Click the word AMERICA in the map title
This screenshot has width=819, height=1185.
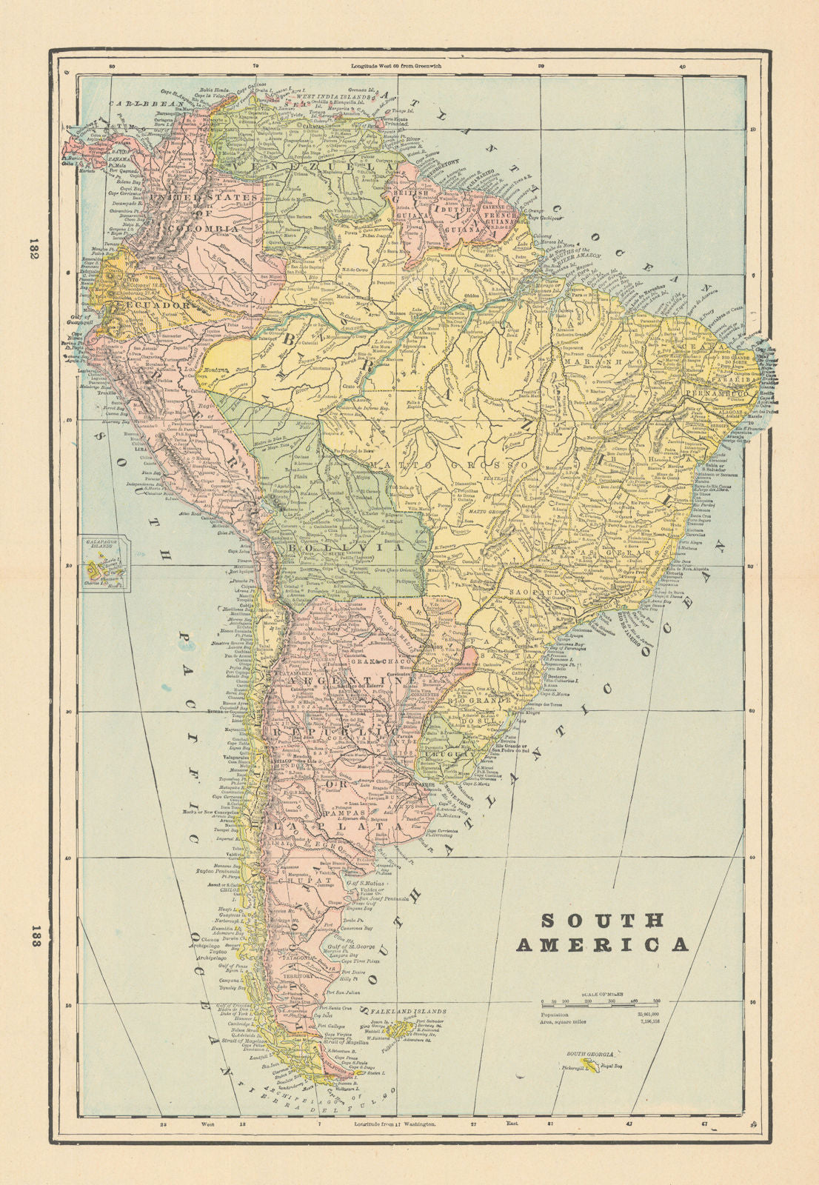tap(602, 944)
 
